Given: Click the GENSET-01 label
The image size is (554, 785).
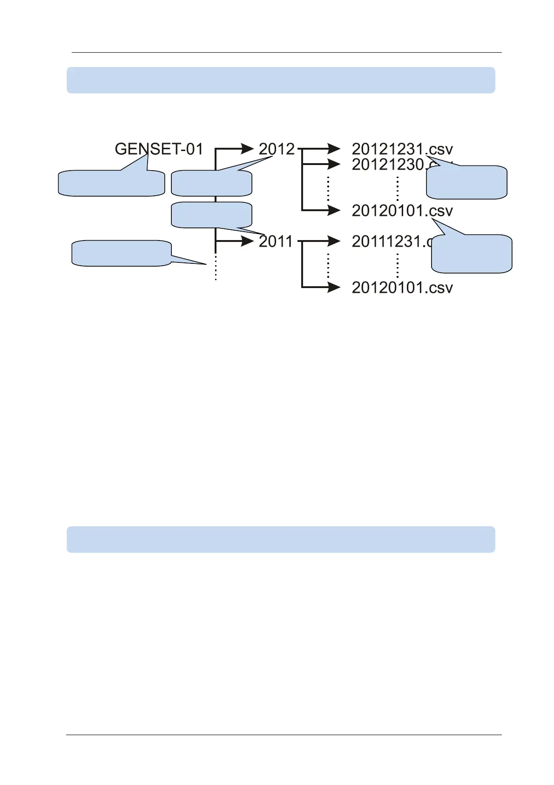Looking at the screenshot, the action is click(159, 149).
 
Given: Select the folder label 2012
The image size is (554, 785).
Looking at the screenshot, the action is click(277, 149).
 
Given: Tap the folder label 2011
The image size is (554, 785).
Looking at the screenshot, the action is click(275, 241).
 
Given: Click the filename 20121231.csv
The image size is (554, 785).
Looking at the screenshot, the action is click(402, 149).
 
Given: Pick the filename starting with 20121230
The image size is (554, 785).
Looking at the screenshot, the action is click(389, 165).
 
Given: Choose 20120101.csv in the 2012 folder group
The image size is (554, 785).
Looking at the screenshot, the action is click(402, 211).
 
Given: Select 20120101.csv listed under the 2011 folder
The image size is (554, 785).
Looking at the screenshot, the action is click(402, 288).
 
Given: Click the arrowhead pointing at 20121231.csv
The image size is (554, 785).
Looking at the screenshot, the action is click(334, 149).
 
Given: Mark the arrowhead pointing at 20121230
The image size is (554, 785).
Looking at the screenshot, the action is click(334, 165).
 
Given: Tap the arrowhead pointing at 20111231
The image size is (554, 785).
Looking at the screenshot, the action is click(334, 241).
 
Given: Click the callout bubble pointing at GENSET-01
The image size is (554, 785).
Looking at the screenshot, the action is click(111, 183).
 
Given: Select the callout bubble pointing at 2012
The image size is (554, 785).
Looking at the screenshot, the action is click(211, 183).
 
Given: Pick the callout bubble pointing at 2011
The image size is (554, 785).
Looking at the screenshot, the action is click(211, 214).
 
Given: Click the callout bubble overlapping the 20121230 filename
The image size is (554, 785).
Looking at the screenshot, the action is click(466, 182).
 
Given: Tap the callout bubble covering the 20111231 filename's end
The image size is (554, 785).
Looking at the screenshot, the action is click(472, 254).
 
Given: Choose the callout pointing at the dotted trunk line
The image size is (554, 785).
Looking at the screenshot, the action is click(121, 253).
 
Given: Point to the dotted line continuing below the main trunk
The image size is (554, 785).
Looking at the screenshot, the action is click(216, 268).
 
